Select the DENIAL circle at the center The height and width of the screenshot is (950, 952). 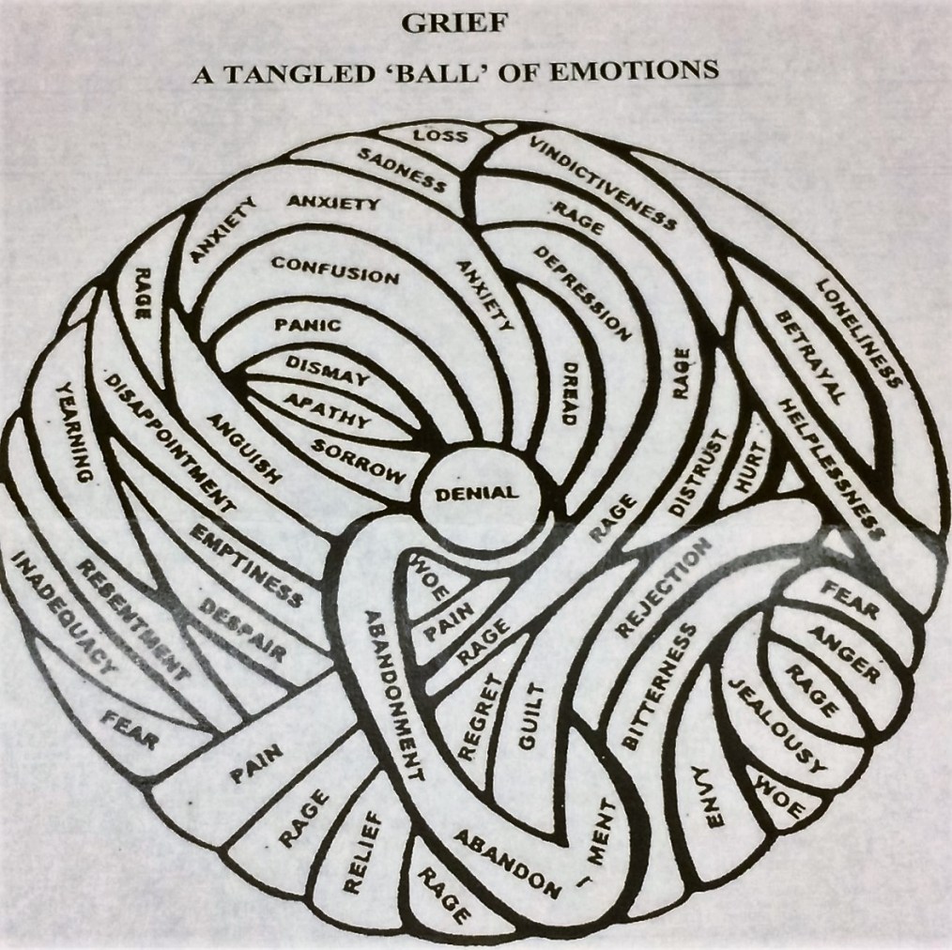[x=476, y=493]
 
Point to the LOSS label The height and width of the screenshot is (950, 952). [x=440, y=137]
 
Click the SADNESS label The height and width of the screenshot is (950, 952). [x=403, y=170]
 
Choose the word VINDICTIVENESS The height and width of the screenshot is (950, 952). [x=602, y=183]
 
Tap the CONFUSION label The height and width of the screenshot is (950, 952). [x=335, y=270]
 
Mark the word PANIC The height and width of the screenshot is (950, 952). [x=308, y=326]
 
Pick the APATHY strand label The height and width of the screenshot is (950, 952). [x=328, y=410]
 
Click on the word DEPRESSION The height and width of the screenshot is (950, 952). [x=582, y=292]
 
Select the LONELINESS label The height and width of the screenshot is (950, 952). [x=858, y=332]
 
